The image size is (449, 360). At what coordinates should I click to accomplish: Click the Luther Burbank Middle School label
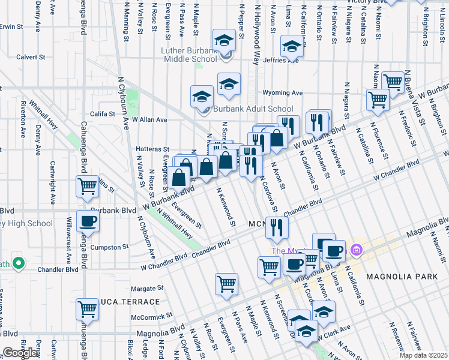point(189,55)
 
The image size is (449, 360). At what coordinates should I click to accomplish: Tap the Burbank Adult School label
point(245,109)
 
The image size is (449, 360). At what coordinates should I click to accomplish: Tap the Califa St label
point(103,113)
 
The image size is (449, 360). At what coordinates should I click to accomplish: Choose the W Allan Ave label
point(149,119)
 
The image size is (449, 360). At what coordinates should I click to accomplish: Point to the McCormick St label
point(152,314)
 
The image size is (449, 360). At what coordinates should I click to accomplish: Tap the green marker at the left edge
point(19,263)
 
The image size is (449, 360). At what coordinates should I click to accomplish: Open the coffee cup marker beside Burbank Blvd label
point(88,221)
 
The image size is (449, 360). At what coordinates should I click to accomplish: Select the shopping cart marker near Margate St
point(226,283)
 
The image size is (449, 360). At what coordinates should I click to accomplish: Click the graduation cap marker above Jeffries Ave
point(292,46)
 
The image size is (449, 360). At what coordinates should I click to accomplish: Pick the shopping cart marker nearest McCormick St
point(87,309)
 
